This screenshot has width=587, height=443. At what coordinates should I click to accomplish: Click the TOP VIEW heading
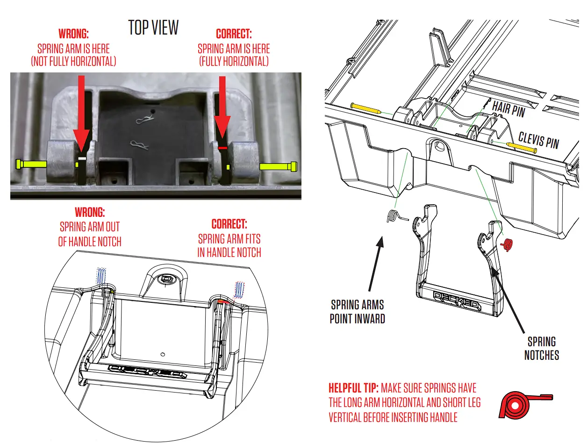153,28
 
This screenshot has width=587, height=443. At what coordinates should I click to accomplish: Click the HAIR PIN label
508,109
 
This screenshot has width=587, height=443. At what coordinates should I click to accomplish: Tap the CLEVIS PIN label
538,139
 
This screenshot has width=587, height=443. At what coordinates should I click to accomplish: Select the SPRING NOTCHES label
541,348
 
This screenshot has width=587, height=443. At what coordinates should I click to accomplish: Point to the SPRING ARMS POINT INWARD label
357,312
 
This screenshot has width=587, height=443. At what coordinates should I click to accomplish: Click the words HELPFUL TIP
354,388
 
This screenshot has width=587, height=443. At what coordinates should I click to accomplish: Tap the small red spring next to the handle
508,244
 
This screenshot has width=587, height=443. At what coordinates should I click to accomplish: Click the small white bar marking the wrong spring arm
82,159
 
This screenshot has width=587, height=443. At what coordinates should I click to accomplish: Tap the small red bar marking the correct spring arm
222,148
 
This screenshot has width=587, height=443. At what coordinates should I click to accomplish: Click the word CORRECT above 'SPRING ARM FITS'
229,224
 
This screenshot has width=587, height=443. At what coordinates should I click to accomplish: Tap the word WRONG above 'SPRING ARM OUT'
89,212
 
